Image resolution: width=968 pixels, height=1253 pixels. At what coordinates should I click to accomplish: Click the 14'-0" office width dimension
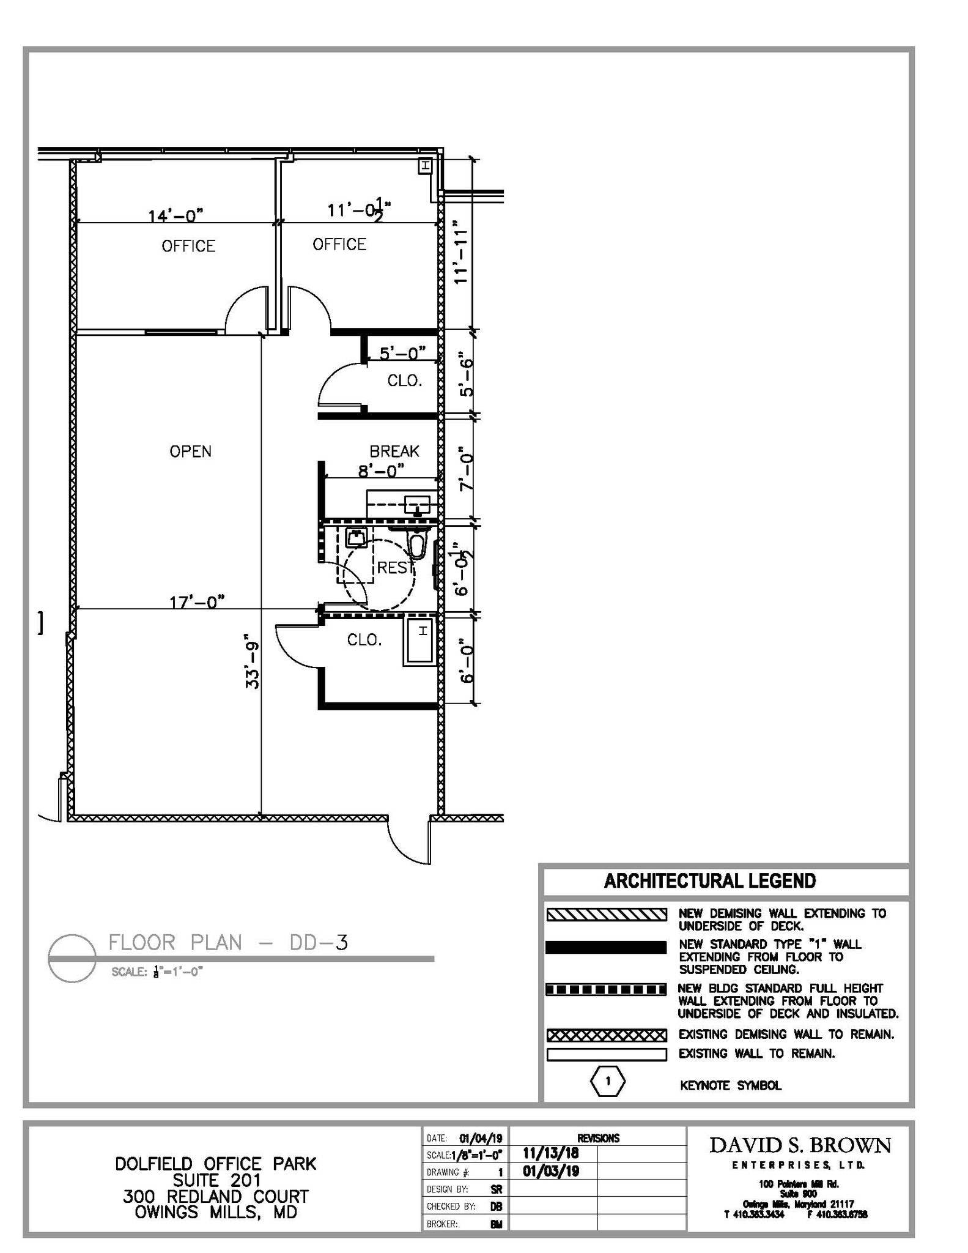coord(175,215)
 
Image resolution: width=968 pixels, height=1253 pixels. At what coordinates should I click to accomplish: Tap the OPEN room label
coord(190,452)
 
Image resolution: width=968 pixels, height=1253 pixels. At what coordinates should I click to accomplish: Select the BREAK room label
coord(394,452)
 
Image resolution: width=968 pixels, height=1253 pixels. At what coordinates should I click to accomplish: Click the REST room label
coord(392,568)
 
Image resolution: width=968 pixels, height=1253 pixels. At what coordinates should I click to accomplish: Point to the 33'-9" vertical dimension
coord(253,665)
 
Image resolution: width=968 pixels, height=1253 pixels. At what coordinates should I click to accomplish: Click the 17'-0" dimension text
coord(197,602)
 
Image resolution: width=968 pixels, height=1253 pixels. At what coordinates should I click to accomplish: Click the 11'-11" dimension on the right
coord(460,252)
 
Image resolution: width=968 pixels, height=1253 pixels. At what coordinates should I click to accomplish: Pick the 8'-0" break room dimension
coord(382,470)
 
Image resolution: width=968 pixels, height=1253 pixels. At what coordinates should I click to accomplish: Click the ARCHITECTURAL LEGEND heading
coord(709,881)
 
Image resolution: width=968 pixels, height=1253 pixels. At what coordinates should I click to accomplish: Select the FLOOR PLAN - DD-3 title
coord(228,943)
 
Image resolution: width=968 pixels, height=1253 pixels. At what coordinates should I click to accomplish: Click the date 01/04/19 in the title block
coord(481,1139)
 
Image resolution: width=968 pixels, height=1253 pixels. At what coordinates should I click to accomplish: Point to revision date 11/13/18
coord(550,1153)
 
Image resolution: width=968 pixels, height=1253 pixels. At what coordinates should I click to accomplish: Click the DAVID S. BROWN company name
coord(800,1145)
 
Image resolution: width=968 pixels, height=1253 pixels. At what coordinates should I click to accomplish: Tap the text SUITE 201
coord(216,1180)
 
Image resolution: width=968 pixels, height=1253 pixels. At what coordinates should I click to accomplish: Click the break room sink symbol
coord(417,505)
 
